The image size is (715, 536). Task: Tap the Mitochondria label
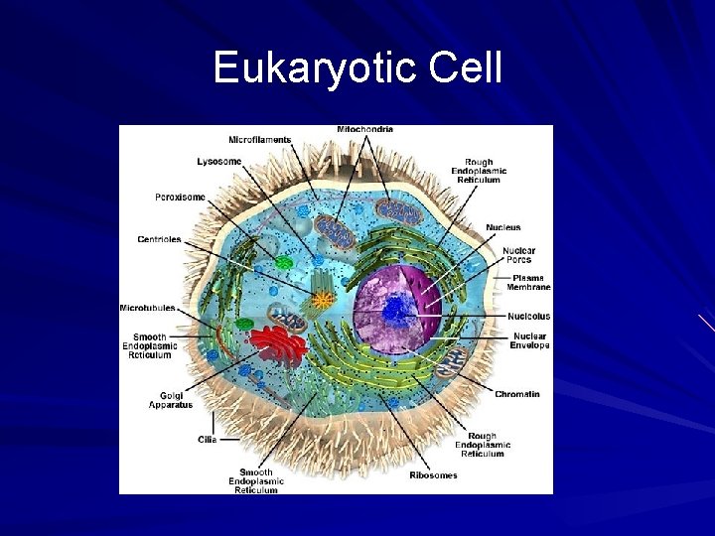(365, 130)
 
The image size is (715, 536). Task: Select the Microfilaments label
(259, 140)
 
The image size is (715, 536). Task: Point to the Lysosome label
(218, 161)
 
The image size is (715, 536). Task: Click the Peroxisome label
(180, 197)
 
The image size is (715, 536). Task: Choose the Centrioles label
(159, 239)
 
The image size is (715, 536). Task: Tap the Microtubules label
(148, 308)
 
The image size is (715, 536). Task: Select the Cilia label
(207, 438)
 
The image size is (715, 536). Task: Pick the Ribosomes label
(434, 474)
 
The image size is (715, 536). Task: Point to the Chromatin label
(517, 394)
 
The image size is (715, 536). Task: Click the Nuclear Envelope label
(529, 340)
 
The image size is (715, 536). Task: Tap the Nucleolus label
(529, 317)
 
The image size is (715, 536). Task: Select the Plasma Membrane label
(529, 282)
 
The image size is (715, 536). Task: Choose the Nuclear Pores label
(518, 255)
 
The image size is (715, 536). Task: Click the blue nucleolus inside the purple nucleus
(399, 311)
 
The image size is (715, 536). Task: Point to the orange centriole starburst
(322, 299)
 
